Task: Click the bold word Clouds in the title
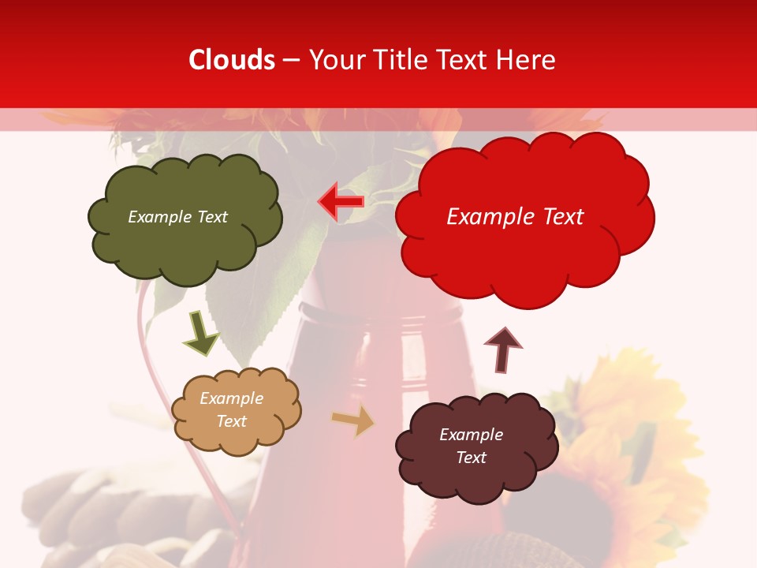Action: click(x=232, y=60)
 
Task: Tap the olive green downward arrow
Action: click(x=202, y=334)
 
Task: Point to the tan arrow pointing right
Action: click(x=353, y=420)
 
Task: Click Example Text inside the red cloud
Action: click(x=515, y=217)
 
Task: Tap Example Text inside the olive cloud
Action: click(x=177, y=217)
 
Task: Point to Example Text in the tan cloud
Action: click(x=231, y=409)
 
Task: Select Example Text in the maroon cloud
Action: click(x=471, y=446)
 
